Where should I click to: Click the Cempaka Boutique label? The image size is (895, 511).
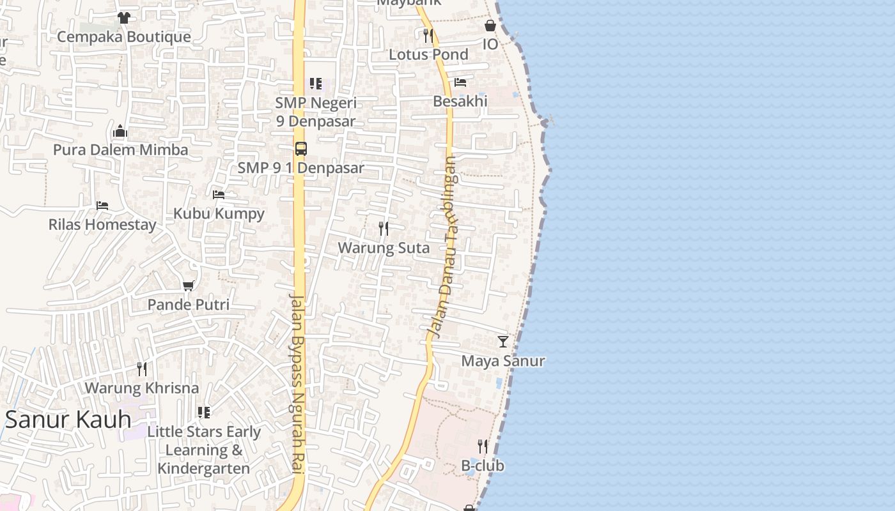pyautogui.click(x=123, y=36)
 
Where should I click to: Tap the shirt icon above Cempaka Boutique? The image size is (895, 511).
pyautogui.click(x=123, y=18)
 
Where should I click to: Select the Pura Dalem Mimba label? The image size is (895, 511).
pyautogui.click(x=120, y=150)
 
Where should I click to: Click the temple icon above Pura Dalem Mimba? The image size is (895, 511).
pyautogui.click(x=120, y=132)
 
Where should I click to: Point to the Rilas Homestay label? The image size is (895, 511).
pyautogui.click(x=102, y=225)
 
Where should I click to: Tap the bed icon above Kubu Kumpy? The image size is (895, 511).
pyautogui.click(x=219, y=194)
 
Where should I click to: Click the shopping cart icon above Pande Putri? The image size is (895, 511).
pyautogui.click(x=188, y=286)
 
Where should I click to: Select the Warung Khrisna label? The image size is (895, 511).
pyautogui.click(x=142, y=388)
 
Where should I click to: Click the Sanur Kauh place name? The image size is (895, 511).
pyautogui.click(x=68, y=420)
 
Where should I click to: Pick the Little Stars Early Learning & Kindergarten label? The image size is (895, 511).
pyautogui.click(x=204, y=450)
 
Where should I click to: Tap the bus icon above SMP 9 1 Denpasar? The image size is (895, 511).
pyautogui.click(x=300, y=149)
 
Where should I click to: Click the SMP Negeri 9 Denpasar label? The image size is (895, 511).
pyautogui.click(x=316, y=112)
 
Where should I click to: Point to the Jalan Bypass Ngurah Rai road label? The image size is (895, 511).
pyautogui.click(x=297, y=383)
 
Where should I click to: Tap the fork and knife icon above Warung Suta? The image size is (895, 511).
pyautogui.click(x=384, y=228)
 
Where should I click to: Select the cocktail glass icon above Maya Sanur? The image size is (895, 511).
pyautogui.click(x=503, y=342)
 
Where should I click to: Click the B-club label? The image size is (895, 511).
pyautogui.click(x=483, y=466)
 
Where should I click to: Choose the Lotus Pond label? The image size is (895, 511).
pyautogui.click(x=428, y=54)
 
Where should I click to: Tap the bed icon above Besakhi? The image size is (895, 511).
pyautogui.click(x=460, y=82)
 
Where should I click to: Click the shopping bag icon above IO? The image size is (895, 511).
pyautogui.click(x=490, y=26)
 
